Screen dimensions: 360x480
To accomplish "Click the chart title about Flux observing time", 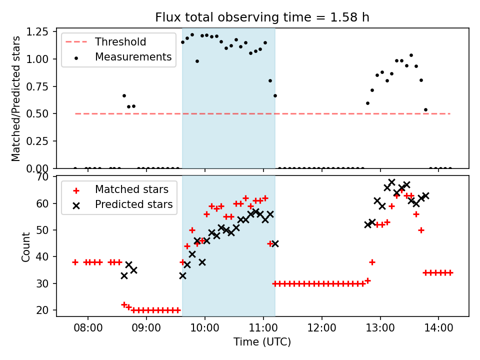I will click(x=262, y=17).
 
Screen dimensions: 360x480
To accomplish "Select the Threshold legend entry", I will click(x=120, y=41).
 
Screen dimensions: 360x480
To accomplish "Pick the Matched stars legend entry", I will click(x=131, y=189).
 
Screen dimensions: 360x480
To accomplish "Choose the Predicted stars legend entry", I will click(x=133, y=204).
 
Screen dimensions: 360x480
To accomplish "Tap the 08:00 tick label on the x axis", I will click(x=88, y=328).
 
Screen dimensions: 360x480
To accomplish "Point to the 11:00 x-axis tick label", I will click(x=263, y=328).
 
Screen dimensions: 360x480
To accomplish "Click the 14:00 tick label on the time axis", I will click(x=438, y=328).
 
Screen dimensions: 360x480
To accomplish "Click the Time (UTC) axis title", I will click(x=262, y=342).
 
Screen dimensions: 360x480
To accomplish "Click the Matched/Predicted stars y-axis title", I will click(x=16, y=98).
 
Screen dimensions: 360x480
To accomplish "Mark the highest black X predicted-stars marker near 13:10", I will click(x=391, y=182).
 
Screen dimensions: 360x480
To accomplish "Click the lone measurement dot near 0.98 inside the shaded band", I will click(x=197, y=61).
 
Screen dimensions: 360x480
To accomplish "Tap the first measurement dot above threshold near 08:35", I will click(x=124, y=95).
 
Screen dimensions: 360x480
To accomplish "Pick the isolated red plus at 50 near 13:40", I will click(x=421, y=230).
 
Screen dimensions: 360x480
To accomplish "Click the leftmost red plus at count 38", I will click(x=75, y=262).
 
